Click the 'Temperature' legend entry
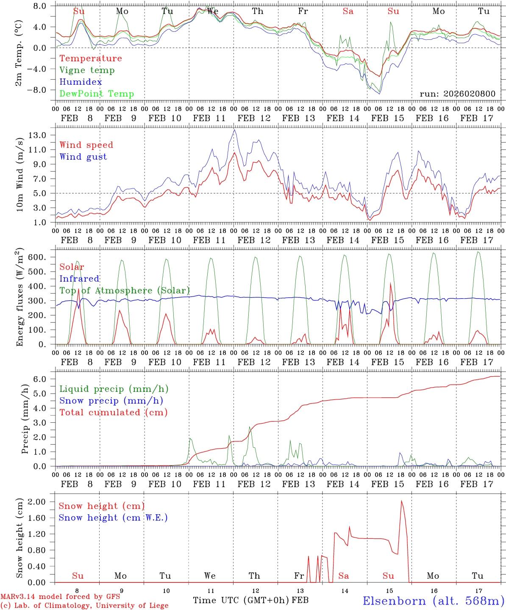(90, 58)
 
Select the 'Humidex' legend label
(81, 82)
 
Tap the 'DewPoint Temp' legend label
(97, 94)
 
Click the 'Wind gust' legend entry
(83, 157)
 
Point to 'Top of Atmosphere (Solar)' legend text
(124, 291)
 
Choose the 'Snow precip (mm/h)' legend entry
(111, 401)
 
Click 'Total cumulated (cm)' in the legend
(113, 413)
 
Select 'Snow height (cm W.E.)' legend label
(113, 518)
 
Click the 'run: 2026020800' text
(457, 94)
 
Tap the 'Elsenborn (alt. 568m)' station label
(433, 601)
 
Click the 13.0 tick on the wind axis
(38, 136)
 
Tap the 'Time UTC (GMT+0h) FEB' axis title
(250, 600)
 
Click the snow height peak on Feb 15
(401, 501)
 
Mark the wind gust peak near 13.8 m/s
(234, 130)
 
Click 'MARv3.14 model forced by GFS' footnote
(60, 597)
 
